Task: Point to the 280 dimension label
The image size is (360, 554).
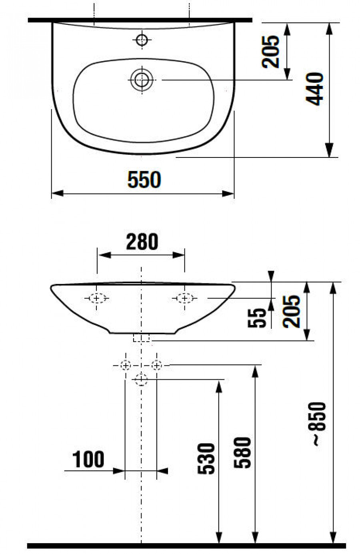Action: pyautogui.click(x=142, y=242)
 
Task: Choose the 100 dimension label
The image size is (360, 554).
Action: pyautogui.click(x=88, y=459)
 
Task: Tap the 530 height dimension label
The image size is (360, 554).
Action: pyautogui.click(x=207, y=458)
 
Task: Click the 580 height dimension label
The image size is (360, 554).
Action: pyautogui.click(x=243, y=453)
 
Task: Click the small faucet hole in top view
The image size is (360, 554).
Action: pyautogui.click(x=142, y=39)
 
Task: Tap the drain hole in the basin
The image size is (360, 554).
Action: pyautogui.click(x=142, y=80)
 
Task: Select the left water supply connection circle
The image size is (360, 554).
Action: pyautogui.click(x=126, y=365)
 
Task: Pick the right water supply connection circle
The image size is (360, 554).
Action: pyautogui.click(x=156, y=365)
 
